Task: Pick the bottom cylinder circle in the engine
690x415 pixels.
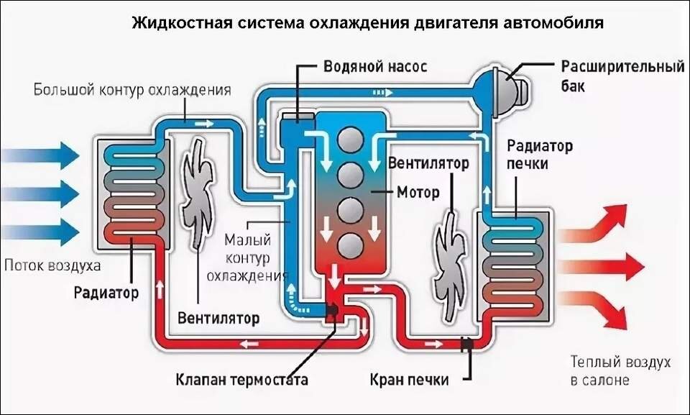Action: point(349,244)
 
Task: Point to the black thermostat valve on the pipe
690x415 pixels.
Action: point(332,311)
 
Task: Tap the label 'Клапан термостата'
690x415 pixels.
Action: point(242,379)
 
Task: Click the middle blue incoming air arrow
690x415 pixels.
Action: point(40,193)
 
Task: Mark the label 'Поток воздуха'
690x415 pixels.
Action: point(52,265)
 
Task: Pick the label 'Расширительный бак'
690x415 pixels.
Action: point(621,76)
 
